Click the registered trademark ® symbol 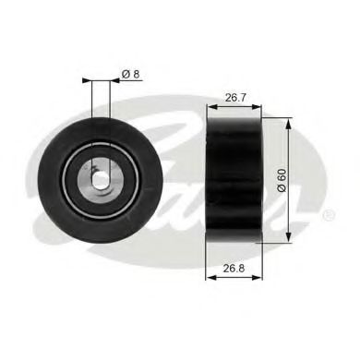coord(329,214)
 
